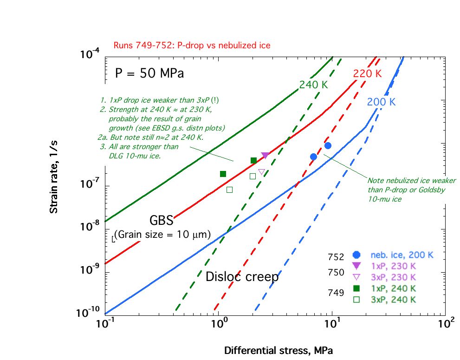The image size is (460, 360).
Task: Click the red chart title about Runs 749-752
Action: tap(192, 46)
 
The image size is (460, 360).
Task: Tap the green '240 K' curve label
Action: tap(313, 85)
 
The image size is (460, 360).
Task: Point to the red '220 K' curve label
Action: tap(367, 73)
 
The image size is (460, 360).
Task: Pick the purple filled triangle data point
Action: tap(265, 156)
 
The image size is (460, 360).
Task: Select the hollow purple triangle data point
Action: tap(261, 172)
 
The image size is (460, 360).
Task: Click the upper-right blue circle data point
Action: tap(328, 145)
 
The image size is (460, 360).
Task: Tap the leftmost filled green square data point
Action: tap(223, 174)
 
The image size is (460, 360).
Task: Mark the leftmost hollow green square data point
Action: tap(229, 190)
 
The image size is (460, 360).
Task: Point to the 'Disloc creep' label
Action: tap(242, 277)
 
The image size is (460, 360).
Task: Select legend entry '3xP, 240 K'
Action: tap(392, 300)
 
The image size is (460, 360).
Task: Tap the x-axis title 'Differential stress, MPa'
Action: tap(279, 350)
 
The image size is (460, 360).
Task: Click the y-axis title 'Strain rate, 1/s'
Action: tap(54, 185)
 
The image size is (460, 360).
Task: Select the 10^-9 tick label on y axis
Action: tap(90, 269)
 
